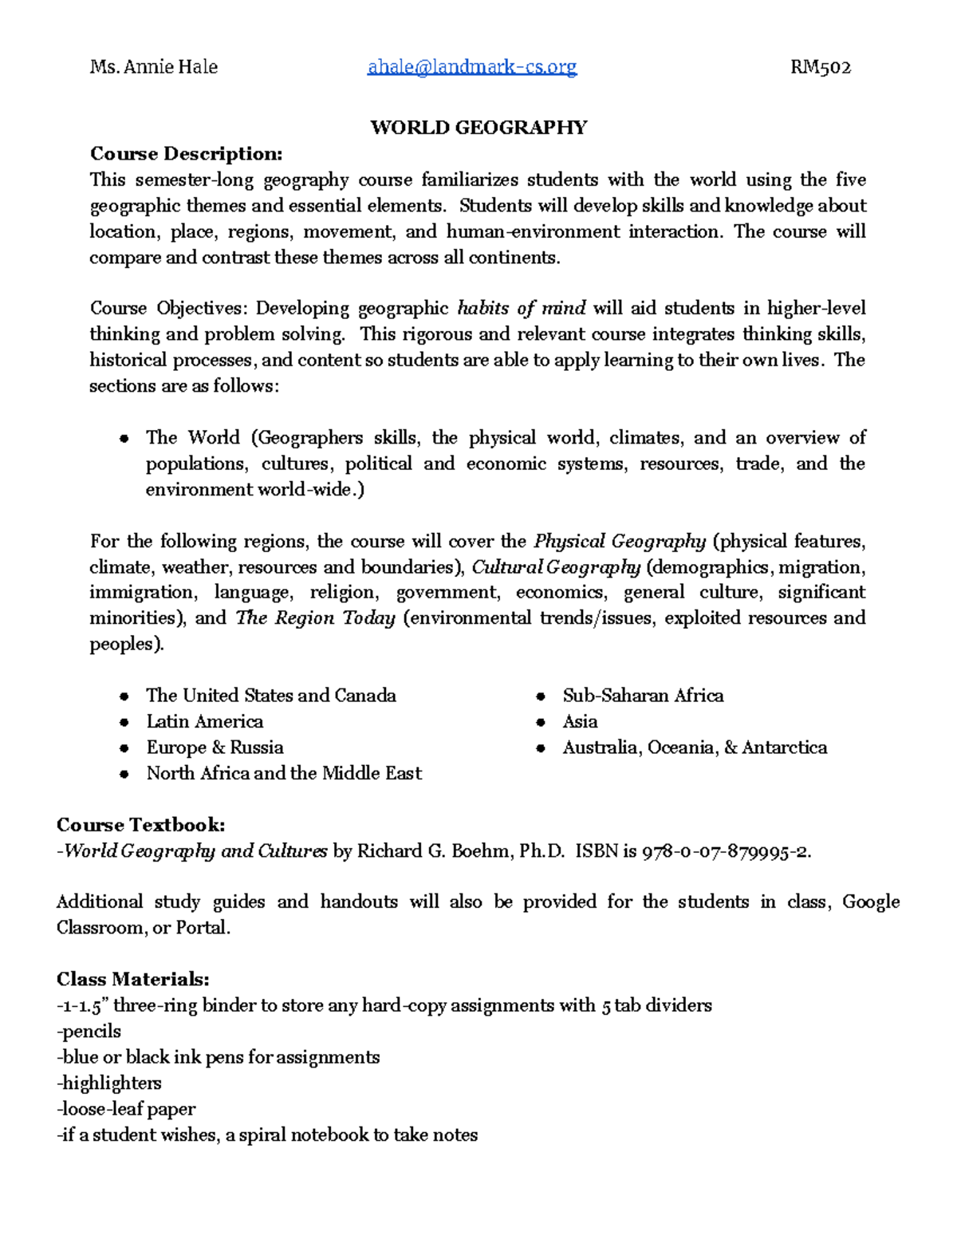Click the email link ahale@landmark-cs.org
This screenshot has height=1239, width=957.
(x=471, y=67)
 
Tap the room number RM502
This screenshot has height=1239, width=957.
(x=821, y=67)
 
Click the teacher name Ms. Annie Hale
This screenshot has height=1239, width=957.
(x=154, y=67)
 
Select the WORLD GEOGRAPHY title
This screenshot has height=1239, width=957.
(x=478, y=128)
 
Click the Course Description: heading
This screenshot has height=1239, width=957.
(x=186, y=153)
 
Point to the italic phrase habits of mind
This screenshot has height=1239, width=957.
(x=522, y=308)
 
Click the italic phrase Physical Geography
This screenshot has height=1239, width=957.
(x=620, y=542)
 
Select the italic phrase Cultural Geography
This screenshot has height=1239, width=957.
(x=556, y=567)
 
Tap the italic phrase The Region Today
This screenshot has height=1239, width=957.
(x=316, y=618)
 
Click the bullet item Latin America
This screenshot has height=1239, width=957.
(x=204, y=721)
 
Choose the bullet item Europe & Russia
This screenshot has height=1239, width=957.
(x=215, y=748)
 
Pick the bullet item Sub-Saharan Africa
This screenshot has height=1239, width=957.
(x=643, y=696)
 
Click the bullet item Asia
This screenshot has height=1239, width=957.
(x=580, y=721)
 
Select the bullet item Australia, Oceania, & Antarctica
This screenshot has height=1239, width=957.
(x=695, y=748)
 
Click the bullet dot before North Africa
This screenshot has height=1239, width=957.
(x=124, y=774)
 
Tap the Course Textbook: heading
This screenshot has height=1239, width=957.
(x=141, y=825)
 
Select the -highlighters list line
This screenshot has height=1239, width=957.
(x=109, y=1083)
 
